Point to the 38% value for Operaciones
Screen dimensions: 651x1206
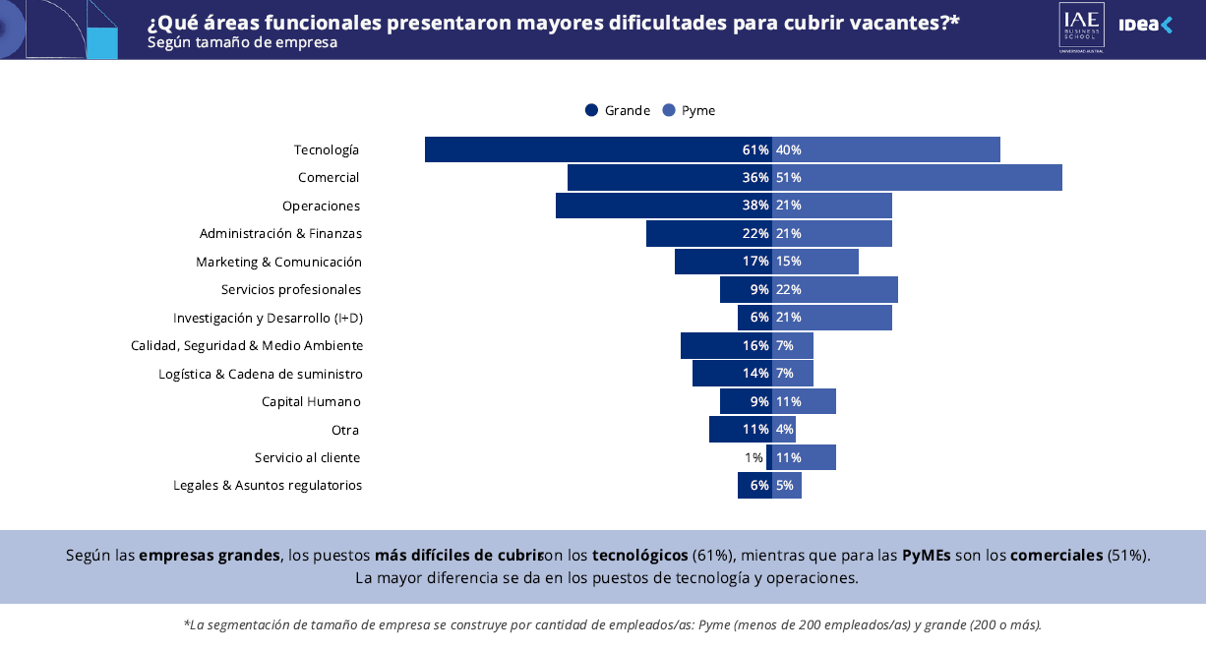click(755, 206)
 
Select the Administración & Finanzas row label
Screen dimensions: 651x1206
click(280, 234)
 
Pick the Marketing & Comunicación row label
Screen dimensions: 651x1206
click(278, 263)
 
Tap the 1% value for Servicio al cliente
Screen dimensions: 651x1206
click(754, 457)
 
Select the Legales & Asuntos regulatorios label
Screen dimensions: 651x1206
click(268, 486)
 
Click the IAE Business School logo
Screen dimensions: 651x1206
click(1081, 27)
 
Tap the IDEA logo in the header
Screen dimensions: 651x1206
click(1146, 26)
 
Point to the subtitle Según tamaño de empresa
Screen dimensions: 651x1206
click(242, 42)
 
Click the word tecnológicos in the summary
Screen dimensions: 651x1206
click(639, 555)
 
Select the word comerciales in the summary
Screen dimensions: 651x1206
click(1056, 555)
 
